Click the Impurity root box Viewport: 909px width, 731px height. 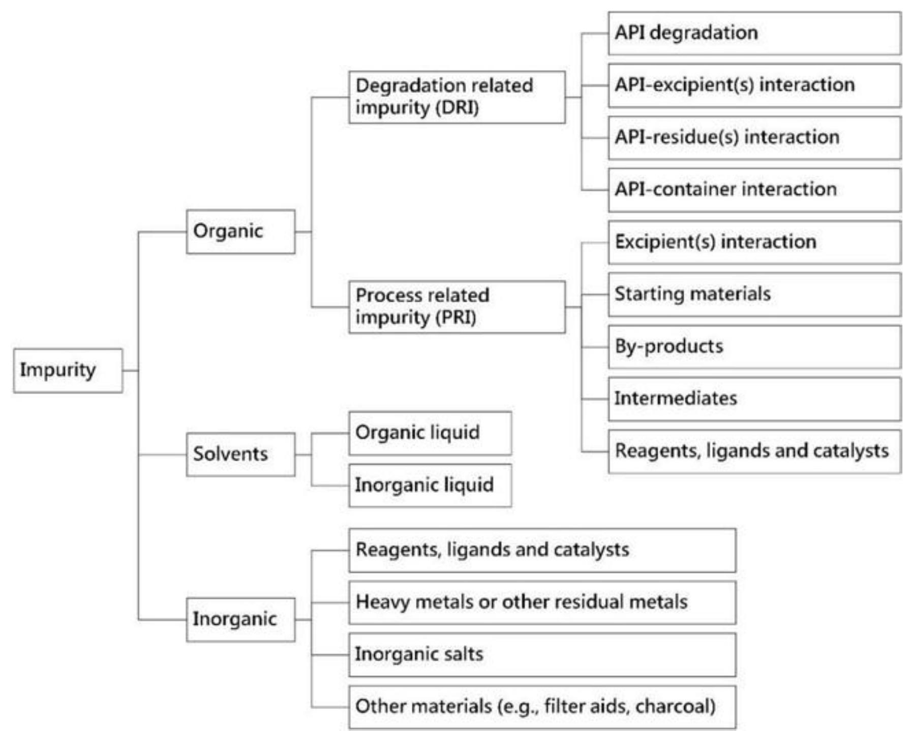click(68, 370)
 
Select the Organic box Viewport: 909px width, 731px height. click(240, 232)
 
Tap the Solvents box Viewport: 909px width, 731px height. click(240, 454)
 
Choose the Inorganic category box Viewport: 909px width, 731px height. click(240, 619)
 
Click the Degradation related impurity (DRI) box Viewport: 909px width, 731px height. click(457, 97)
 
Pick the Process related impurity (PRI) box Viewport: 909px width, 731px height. click(457, 307)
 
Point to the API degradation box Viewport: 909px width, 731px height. click(754, 34)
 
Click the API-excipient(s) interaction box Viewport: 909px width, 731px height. click(754, 85)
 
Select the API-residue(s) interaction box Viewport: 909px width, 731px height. click(754, 138)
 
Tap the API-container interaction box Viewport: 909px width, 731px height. click(754, 190)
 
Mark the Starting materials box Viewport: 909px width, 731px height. click(754, 295)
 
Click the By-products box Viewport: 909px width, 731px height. click(754, 347)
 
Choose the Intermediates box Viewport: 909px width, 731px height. click(754, 399)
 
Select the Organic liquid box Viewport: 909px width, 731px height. click(430, 433)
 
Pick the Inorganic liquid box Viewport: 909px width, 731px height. click(430, 485)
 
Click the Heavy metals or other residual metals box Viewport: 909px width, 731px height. click(542, 602)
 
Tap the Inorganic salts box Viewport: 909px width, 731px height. click(542, 654)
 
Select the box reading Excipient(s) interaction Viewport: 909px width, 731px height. click(754, 242)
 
